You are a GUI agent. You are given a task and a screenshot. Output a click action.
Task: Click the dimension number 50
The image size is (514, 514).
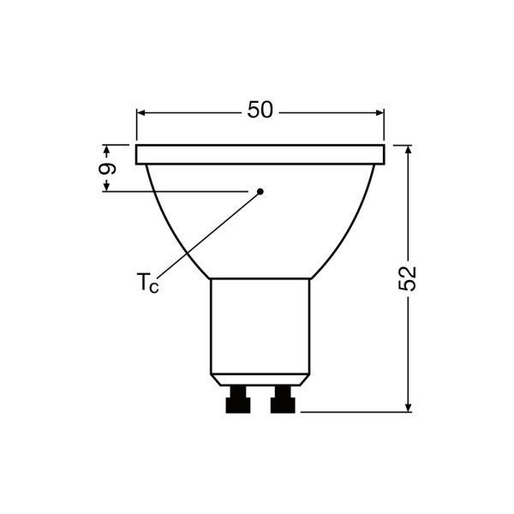[x=260, y=111]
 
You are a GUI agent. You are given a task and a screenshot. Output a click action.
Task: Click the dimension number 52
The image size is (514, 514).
[x=409, y=278]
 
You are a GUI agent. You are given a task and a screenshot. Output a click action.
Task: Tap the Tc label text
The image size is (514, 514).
[x=147, y=283]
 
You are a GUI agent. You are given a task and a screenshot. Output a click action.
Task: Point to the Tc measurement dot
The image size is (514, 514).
[x=260, y=191]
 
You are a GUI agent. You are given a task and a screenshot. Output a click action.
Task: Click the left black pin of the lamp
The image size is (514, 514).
[x=238, y=400]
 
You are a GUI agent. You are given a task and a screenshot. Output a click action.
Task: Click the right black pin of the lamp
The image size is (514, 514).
[x=283, y=400]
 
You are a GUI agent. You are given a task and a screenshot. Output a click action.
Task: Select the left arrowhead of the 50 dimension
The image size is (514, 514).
[x=142, y=112]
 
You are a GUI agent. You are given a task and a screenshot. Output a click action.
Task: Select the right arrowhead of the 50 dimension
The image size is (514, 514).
[x=378, y=112]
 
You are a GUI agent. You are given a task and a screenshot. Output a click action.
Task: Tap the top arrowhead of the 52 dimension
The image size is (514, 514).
[x=408, y=151]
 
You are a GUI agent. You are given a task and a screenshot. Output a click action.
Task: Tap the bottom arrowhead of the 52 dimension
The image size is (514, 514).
[x=408, y=406]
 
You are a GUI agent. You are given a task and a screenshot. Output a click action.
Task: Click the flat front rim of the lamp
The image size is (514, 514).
[x=260, y=154]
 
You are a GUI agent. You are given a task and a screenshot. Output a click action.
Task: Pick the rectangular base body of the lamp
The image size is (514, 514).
[x=260, y=326]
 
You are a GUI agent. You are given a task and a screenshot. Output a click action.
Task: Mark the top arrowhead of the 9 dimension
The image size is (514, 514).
[x=107, y=150]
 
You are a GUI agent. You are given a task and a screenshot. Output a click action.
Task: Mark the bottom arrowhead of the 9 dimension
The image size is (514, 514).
[x=107, y=185]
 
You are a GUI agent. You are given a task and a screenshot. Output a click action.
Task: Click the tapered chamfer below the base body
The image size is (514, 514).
[x=260, y=380]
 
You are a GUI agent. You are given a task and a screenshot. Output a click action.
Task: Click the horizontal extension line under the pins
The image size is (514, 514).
[x=356, y=412]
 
